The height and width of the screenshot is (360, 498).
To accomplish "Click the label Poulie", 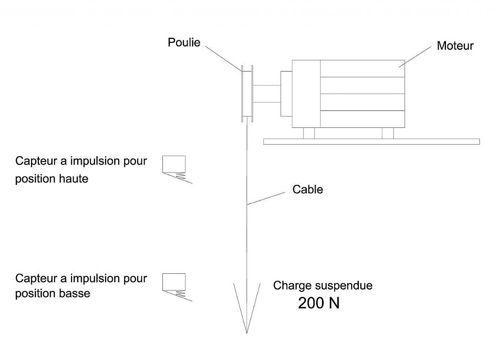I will (184, 43).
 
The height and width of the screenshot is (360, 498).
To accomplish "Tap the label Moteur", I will (455, 46).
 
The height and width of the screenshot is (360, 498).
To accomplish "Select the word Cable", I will (307, 189).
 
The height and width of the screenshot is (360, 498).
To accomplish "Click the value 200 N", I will (319, 303).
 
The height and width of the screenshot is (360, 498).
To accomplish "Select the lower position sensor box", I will (174, 281).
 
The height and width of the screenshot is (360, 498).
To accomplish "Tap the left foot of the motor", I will (308, 133).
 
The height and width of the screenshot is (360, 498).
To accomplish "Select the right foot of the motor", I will (388, 133).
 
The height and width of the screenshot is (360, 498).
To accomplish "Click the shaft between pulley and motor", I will (266, 94).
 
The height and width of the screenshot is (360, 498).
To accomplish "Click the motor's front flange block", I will (285, 87).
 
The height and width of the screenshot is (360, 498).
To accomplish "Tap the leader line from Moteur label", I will (416, 57).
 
